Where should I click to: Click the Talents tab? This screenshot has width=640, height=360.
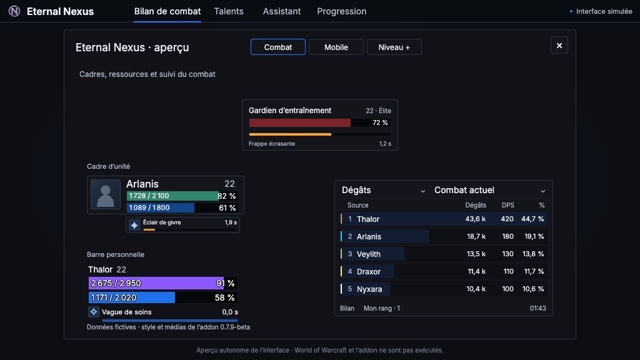tap(229, 11)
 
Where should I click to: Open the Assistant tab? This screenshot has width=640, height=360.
tap(282, 11)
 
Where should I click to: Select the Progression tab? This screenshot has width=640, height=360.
tap(342, 11)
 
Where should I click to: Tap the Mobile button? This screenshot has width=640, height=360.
tap(336, 47)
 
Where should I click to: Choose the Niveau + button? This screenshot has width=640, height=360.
tap(394, 47)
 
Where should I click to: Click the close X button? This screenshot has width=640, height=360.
tap(559, 45)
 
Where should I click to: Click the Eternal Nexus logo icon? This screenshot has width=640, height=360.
tap(14, 11)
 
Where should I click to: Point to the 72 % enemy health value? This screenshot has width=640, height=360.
tap(380, 123)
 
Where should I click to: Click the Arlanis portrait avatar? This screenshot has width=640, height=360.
tap(105, 194)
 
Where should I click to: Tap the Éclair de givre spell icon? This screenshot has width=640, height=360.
tap(134, 225)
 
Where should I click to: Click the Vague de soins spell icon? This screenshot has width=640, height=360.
tap(94, 312)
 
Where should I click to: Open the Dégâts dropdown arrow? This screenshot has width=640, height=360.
tap(423, 191)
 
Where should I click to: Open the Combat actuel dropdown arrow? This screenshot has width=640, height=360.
tap(543, 191)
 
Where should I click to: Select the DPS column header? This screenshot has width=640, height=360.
tap(507, 205)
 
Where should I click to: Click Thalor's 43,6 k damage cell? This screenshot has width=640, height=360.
tap(476, 219)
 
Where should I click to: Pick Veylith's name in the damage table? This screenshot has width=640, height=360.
tap(369, 254)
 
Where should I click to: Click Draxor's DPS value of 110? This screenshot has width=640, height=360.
tap(508, 271)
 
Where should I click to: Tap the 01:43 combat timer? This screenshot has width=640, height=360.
tap(537, 309)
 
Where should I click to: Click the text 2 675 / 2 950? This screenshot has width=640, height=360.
tap(116, 283)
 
